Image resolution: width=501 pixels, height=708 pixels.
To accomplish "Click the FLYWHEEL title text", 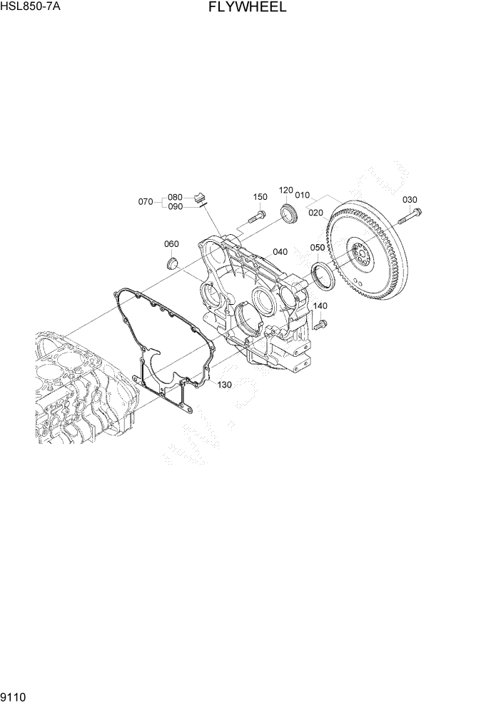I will pyautogui.click(x=248, y=8).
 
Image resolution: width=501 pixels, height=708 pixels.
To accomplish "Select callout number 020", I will pyautogui.click(x=315, y=213).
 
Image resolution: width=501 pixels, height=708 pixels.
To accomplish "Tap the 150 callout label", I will pyautogui.click(x=260, y=197).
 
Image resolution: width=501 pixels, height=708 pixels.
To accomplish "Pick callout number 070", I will pyautogui.click(x=146, y=202).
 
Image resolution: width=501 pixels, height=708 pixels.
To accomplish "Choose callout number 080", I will pyautogui.click(x=176, y=197).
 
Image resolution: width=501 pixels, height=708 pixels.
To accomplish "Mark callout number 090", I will pyautogui.click(x=176, y=206).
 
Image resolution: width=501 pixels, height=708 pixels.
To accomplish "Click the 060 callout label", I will pyautogui.click(x=171, y=244).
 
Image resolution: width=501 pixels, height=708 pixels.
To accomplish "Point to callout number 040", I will pyautogui.click(x=280, y=252).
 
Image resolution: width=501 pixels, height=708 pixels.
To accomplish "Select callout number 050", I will pyautogui.click(x=318, y=248).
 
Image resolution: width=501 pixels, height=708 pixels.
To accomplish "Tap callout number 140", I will pyautogui.click(x=320, y=306).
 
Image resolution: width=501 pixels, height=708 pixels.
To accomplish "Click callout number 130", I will pyautogui.click(x=225, y=385).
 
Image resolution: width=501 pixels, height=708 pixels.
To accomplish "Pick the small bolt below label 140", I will pyautogui.click(x=319, y=325).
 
